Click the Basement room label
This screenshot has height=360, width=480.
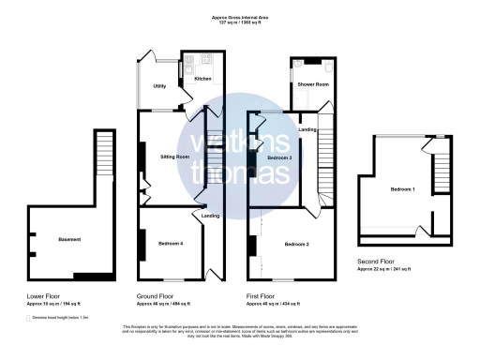68,240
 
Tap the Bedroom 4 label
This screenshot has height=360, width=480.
171,244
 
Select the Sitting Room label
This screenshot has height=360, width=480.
175,156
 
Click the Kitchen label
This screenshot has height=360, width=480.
202,79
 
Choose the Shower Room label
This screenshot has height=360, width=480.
313,85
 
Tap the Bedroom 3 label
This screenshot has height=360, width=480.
279,158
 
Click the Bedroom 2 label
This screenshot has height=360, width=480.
295,244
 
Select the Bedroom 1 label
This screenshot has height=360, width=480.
403,190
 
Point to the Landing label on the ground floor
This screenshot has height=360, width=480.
211,217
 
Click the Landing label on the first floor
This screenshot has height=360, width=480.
307,128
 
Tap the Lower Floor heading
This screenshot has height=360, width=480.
43,295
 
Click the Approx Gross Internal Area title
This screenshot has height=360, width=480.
239,17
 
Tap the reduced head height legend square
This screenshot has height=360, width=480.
28,318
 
